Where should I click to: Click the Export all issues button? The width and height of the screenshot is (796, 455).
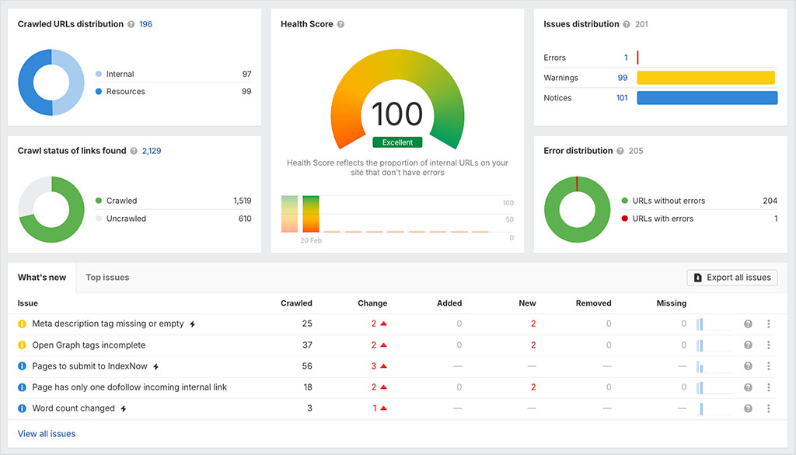coord(731,278)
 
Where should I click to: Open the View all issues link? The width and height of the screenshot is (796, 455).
coord(47,433)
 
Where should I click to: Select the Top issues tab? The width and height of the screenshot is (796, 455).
coord(107,278)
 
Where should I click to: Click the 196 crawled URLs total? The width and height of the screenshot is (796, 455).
coord(145,24)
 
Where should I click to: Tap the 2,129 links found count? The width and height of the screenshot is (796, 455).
coord(152,151)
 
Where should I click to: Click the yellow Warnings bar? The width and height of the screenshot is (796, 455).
coord(706,78)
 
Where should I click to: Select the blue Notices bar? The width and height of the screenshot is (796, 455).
coord(707,98)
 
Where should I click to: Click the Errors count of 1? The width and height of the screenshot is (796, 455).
coord(626,58)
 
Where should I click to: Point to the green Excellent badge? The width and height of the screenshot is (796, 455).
coord(397,142)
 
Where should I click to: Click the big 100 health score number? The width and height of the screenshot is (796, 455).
coord(397,114)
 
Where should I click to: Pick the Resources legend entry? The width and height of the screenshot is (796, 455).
coord(125,92)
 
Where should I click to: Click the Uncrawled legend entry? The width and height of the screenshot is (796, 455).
coord(126,219)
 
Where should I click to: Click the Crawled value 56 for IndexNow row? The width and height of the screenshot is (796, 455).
coord(307,366)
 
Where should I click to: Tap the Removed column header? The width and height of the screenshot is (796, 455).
coord(593,303)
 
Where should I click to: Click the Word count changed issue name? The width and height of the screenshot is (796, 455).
coord(73,408)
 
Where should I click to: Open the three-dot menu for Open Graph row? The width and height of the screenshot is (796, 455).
coord(768,345)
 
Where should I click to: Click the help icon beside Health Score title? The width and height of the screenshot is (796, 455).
coord(340,24)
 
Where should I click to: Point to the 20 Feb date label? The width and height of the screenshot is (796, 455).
coord(311,241)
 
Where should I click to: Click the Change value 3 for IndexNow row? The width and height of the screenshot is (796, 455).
coord(374,366)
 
